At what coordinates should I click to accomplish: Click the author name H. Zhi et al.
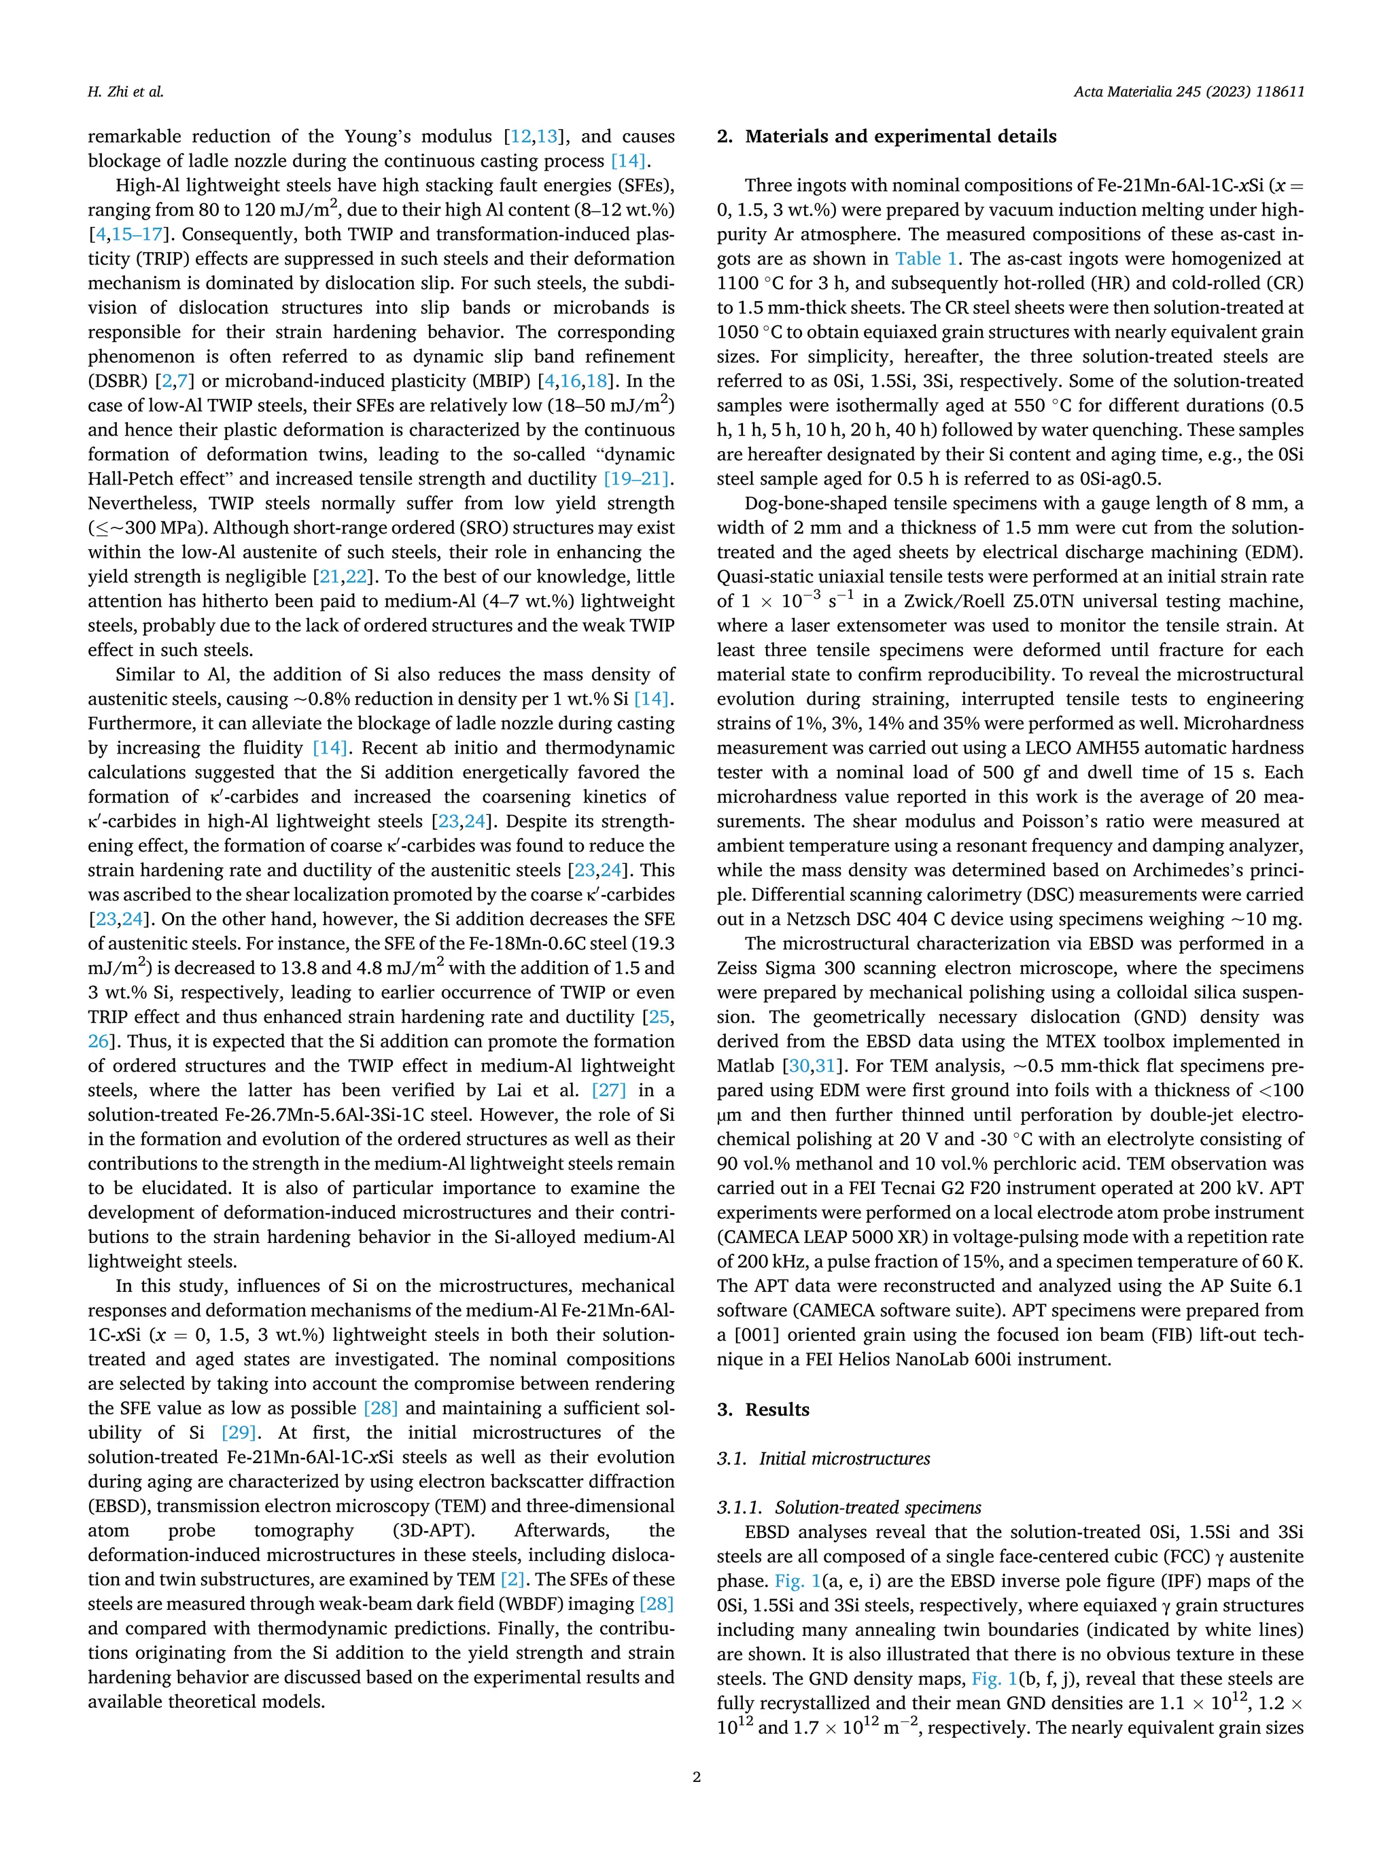pos(125,92)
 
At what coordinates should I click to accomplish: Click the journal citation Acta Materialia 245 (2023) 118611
pos(1188,92)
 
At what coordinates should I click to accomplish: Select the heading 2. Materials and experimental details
pos(886,137)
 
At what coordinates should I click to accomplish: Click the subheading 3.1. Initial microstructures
pos(823,1458)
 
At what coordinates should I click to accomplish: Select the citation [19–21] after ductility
pos(638,479)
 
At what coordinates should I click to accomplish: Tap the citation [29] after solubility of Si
pos(239,1433)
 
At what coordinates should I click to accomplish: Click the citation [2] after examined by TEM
pos(512,1579)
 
